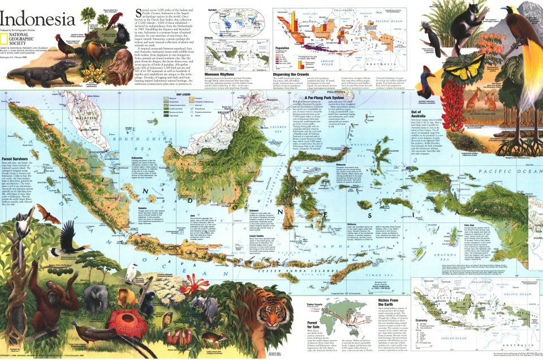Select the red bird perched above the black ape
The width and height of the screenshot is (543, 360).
point(116,19)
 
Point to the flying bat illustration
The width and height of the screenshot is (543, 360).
point(48,214)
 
